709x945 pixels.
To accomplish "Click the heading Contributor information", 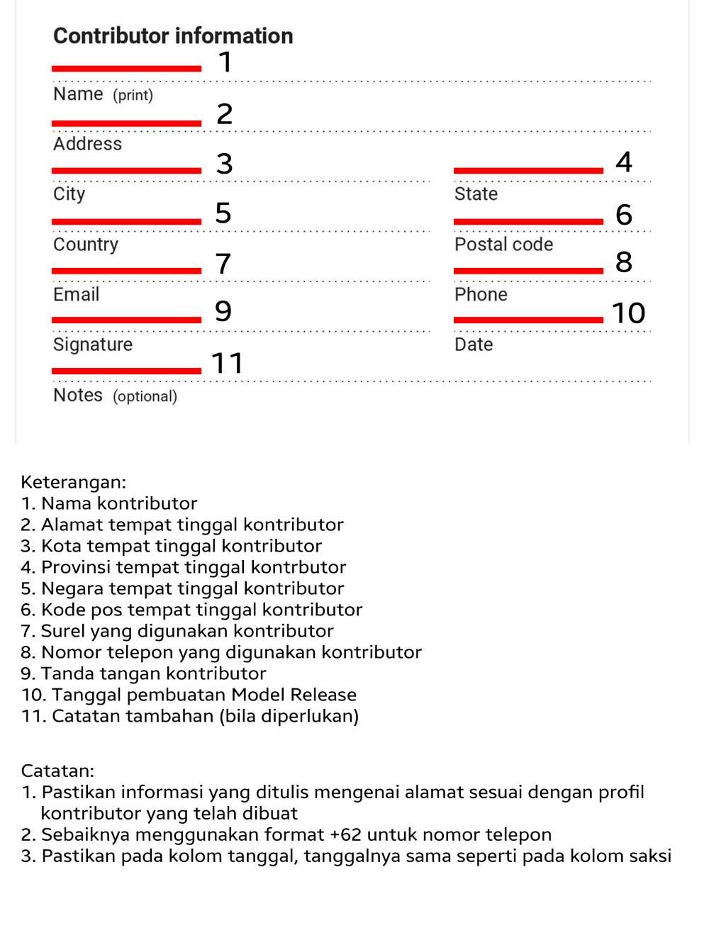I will coord(173,35).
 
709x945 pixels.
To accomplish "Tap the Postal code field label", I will coord(503,245).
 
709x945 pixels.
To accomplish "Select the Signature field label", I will coord(93,345).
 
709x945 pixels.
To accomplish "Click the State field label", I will coord(476,194).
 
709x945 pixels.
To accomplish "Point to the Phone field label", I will coord(481,294).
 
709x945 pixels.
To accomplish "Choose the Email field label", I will coord(76,294).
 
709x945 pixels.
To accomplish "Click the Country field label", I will coord(86,245).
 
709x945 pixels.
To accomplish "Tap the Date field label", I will coord(474,345).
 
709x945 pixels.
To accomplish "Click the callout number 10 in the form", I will coord(628,313).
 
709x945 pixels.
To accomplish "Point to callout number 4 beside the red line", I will coord(624,162).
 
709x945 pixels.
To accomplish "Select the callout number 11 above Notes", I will coord(228,363).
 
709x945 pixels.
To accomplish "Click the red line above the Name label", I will coord(127,69).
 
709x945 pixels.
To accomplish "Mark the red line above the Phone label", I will coord(528,270).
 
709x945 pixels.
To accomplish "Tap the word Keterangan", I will coord(73,482).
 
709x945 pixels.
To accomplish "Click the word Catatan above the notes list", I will coord(57,771).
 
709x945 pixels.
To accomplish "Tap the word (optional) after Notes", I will coord(145,396).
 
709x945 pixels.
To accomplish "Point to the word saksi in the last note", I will coord(649,856).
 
